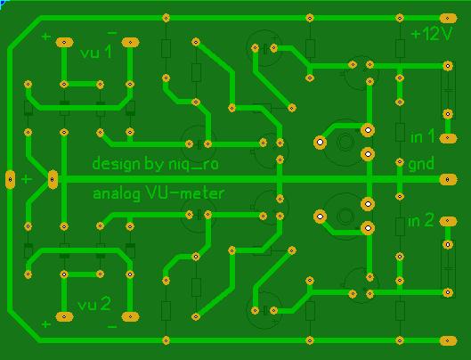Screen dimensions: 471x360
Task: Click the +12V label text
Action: tap(431, 34)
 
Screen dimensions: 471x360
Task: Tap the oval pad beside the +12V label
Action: tap(448, 19)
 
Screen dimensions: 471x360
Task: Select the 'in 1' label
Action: tap(422, 137)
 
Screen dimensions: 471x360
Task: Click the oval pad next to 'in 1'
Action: tap(448, 138)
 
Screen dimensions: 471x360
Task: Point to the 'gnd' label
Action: tap(421, 164)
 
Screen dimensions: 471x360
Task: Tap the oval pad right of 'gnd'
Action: tap(448, 179)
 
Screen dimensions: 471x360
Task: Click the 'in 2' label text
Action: tap(421, 221)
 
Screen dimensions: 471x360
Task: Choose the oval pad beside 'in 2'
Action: tap(448, 221)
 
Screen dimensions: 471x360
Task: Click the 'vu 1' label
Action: tap(96, 53)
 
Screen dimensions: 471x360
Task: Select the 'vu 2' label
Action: tap(94, 305)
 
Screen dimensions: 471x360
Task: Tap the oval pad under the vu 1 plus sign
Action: tap(64, 43)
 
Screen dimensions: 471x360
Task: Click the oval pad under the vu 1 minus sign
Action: tap(130, 43)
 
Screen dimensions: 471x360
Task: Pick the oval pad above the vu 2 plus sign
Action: tap(64, 316)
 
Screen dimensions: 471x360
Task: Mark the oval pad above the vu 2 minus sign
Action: tap(130, 316)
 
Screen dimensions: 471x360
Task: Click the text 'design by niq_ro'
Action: tap(155, 164)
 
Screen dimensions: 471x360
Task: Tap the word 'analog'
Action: tap(117, 194)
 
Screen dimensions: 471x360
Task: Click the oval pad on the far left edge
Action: tap(10, 179)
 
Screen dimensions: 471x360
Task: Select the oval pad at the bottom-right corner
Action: tap(448, 340)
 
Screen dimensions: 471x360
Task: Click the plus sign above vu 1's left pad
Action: tap(46, 37)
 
